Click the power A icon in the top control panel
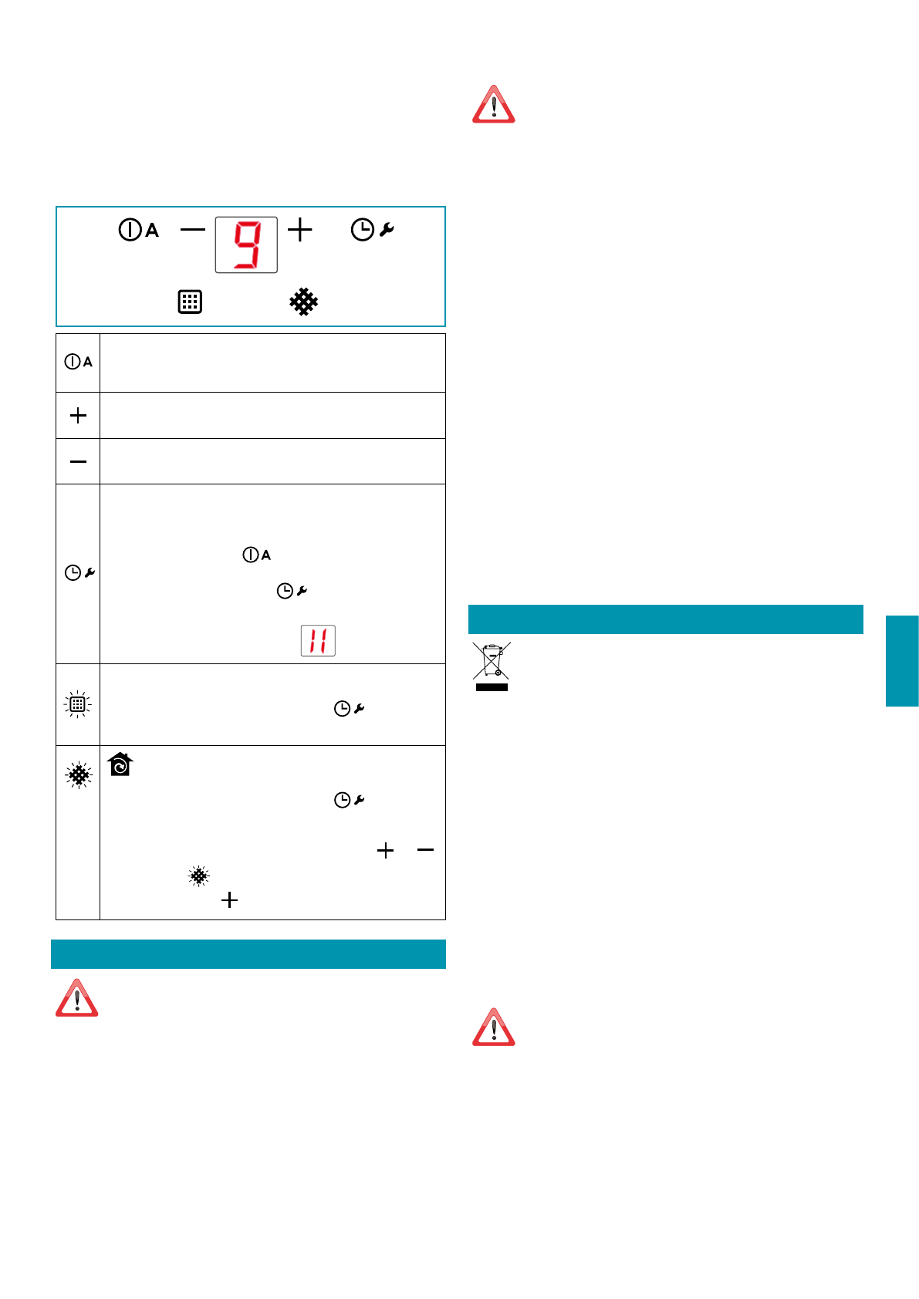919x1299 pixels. point(139,230)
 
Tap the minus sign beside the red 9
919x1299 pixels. point(193,229)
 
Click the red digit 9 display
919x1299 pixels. point(246,245)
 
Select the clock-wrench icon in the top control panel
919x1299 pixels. point(373,230)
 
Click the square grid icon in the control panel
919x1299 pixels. point(190,302)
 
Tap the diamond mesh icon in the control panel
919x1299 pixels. point(304,302)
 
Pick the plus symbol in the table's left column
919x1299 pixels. point(78,416)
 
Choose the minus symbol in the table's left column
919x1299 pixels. point(78,461)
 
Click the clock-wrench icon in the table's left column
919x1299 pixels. point(79,572)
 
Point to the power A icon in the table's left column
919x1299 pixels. point(79,362)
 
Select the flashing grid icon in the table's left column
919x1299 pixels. point(78,704)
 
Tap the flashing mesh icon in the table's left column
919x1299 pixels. point(79,774)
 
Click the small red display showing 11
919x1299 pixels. point(318,640)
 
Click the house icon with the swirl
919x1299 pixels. point(120,764)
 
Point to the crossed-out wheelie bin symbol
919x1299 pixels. point(492,666)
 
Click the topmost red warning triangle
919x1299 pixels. point(494,106)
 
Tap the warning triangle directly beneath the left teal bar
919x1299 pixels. point(76,999)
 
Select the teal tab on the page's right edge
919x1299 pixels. point(902,661)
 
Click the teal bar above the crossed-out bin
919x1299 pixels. point(665,619)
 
